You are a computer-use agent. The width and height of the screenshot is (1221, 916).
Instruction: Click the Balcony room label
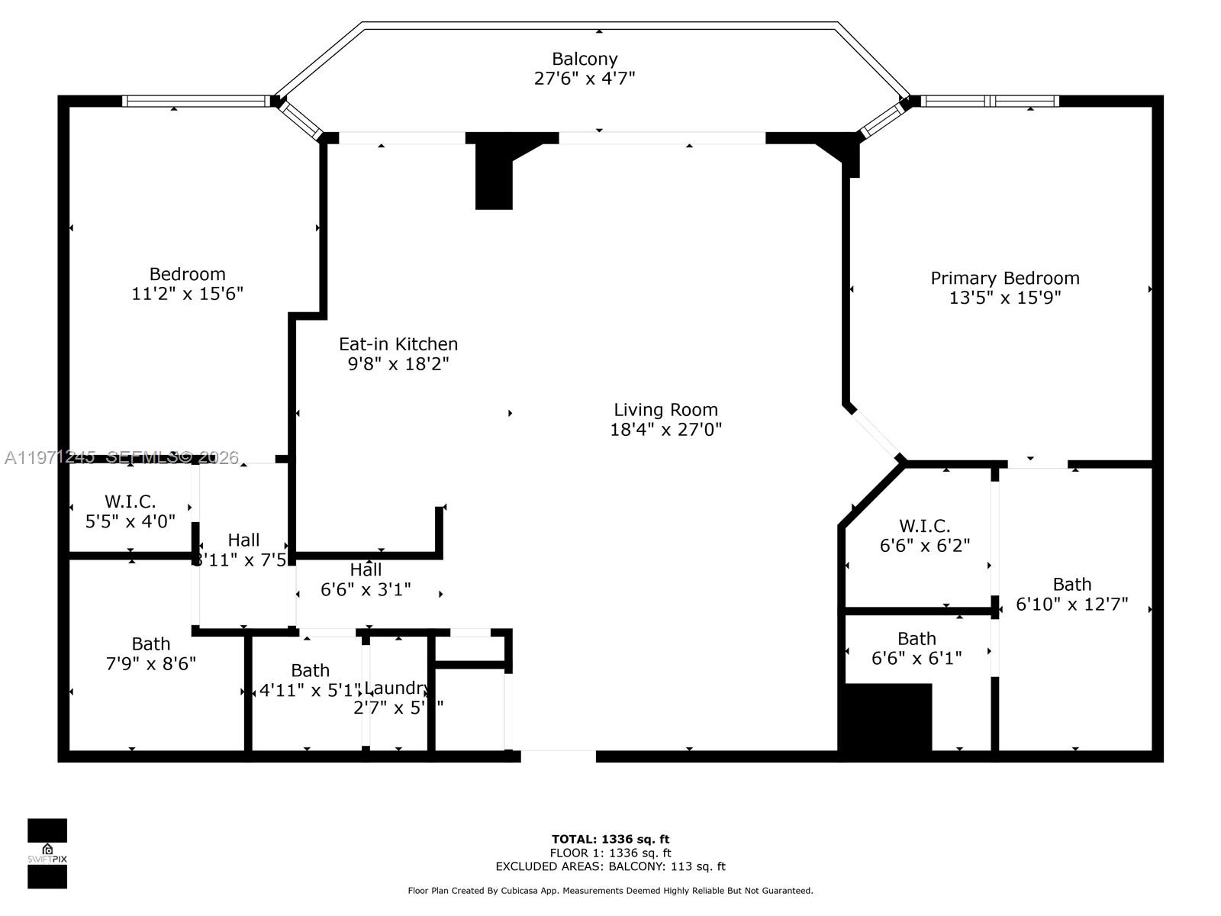tap(585, 59)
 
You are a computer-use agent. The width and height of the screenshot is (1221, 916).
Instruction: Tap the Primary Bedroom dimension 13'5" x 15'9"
tap(1004, 298)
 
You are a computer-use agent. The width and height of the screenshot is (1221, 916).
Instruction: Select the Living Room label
tap(665, 410)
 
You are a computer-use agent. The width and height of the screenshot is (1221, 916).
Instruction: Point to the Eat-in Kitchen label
tap(398, 344)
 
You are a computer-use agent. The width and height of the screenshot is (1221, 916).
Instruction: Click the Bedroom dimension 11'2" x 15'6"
tap(187, 294)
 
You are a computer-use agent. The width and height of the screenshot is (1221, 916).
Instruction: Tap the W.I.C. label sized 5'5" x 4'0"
tap(130, 502)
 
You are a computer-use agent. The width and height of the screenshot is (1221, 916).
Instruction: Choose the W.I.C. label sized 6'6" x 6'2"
tap(924, 526)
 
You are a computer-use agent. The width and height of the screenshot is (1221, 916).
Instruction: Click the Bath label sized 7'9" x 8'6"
tap(150, 643)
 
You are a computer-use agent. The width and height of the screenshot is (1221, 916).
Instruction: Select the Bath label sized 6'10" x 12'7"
tap(1071, 585)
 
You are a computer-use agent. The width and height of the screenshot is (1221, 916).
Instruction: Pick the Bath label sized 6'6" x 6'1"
tap(917, 638)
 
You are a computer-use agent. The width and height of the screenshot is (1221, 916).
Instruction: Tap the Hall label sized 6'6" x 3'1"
tap(366, 569)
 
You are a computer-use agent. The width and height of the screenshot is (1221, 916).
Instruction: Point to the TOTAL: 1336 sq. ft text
tap(610, 839)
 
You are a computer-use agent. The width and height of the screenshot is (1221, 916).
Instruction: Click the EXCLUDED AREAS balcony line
tap(610, 866)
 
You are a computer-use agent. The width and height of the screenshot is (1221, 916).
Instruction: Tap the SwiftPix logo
tap(47, 853)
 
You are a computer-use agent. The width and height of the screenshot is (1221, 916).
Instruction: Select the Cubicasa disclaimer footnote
tap(610, 890)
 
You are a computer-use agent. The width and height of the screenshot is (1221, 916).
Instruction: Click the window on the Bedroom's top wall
tap(195, 101)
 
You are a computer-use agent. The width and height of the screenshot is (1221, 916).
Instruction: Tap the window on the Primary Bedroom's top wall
tap(989, 101)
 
